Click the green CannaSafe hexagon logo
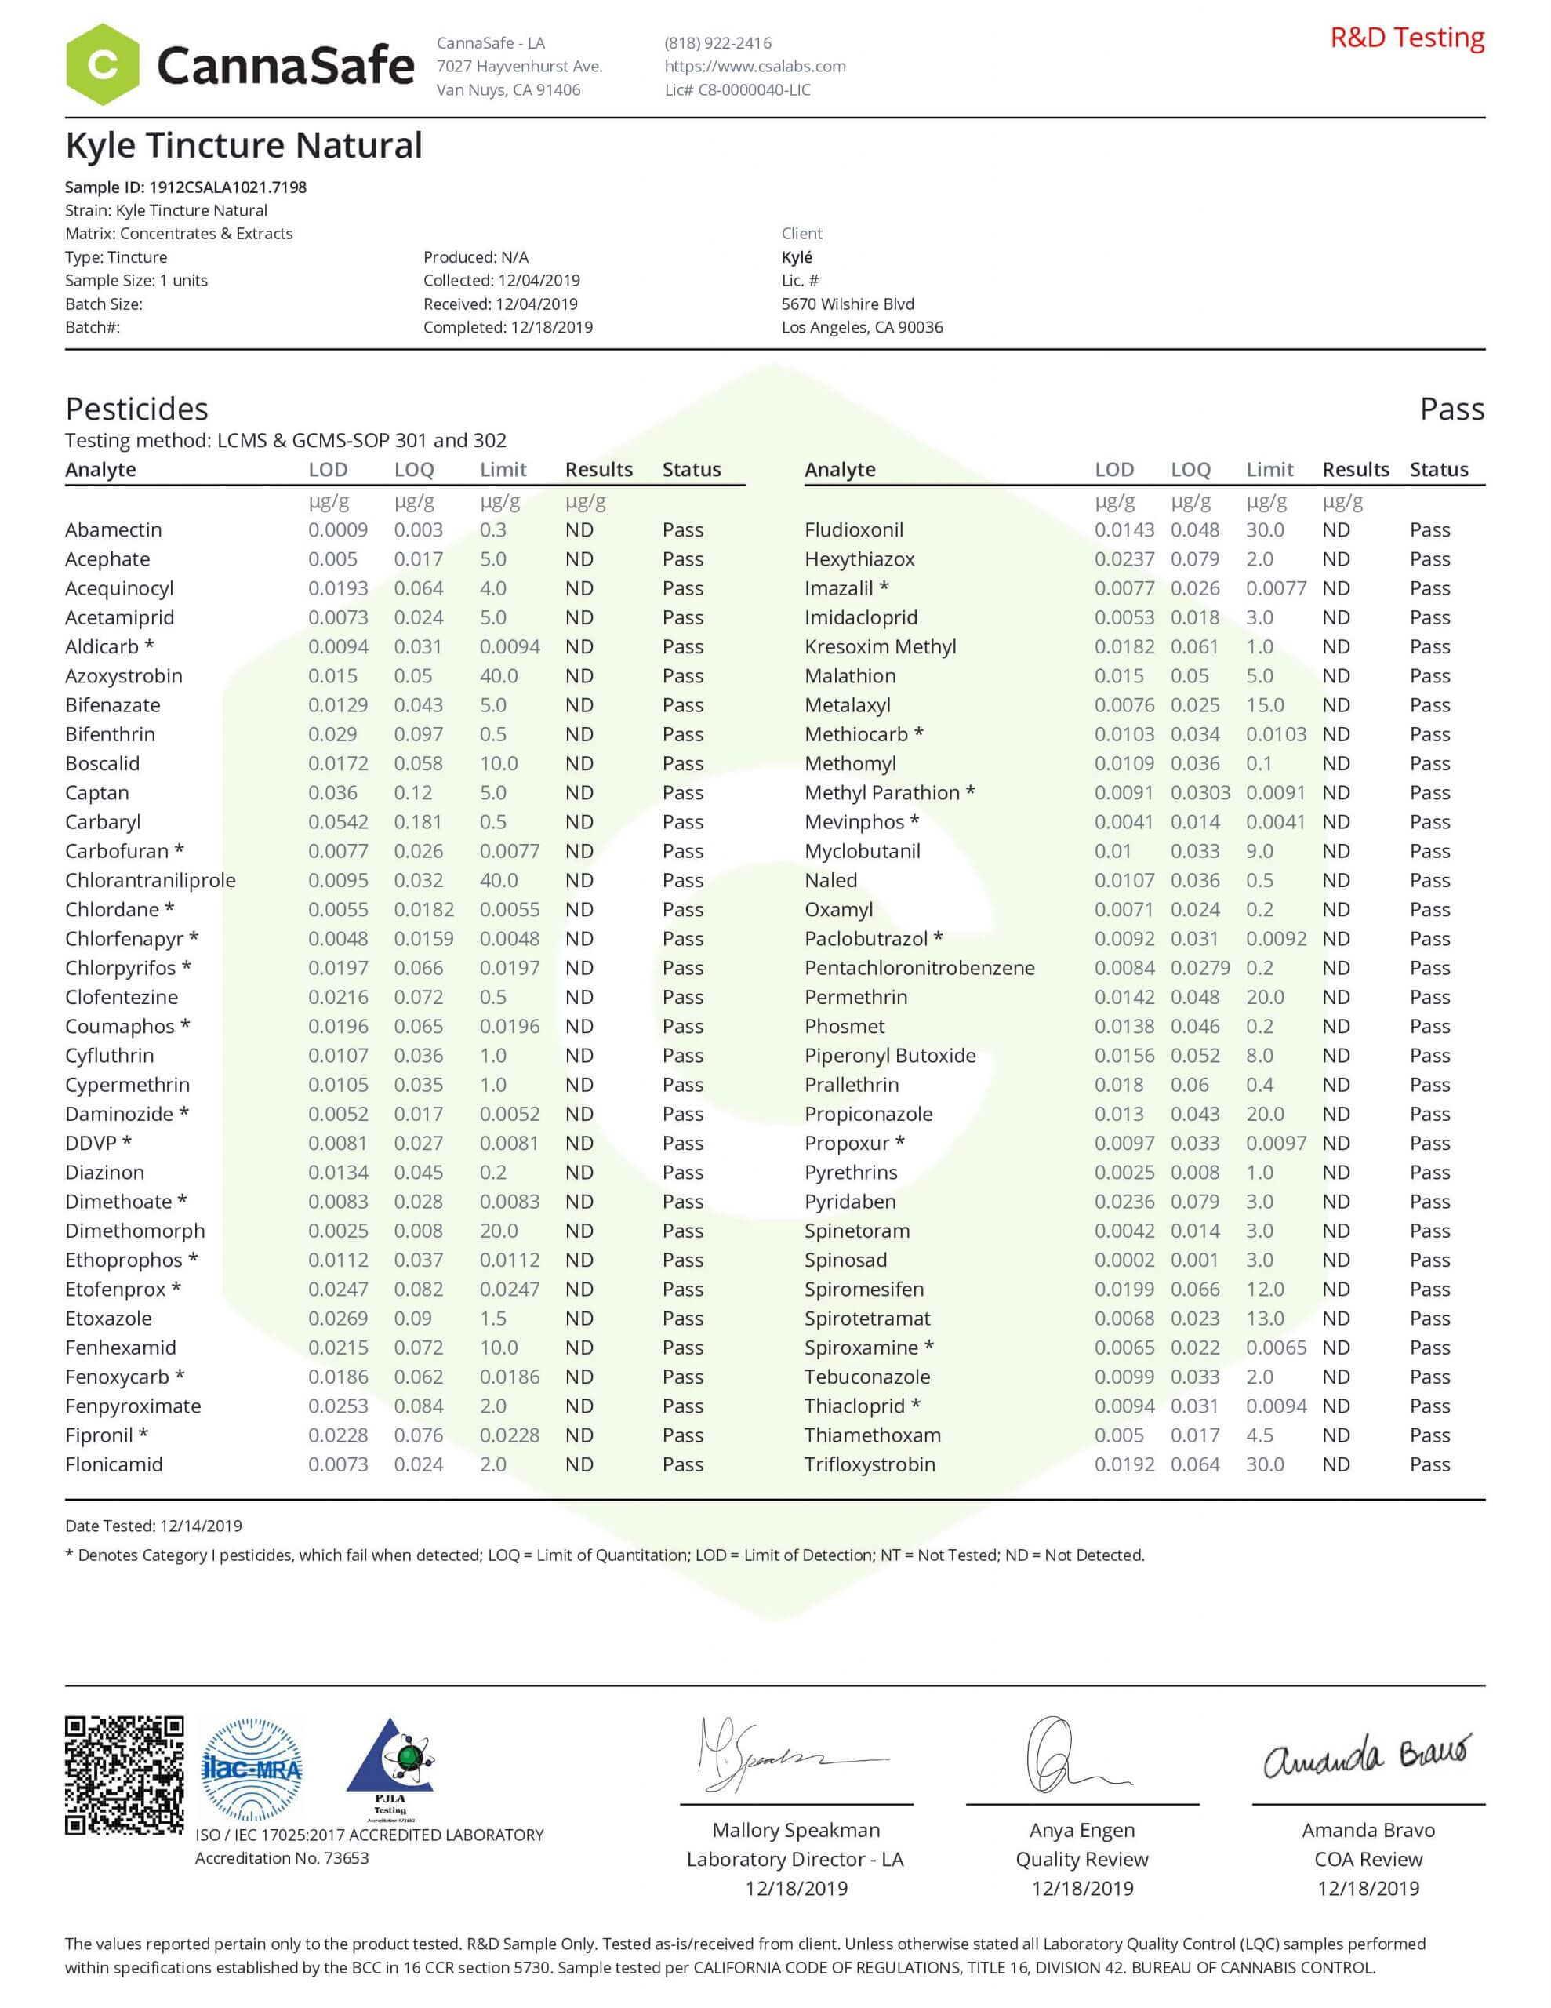pos(102,64)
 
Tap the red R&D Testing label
pos(1407,38)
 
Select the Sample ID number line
pos(186,187)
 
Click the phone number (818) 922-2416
pos(718,42)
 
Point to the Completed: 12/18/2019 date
pos(507,327)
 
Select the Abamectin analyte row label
pos(113,529)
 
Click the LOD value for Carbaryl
pos(337,822)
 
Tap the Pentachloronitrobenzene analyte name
pos(919,968)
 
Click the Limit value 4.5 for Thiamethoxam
pos(1259,1435)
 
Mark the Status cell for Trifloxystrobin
pos(1429,1464)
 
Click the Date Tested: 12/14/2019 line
pos(154,1526)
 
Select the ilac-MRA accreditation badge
pos(251,1769)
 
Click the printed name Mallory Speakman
pos(796,1831)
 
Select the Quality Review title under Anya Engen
pos(1082,1859)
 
